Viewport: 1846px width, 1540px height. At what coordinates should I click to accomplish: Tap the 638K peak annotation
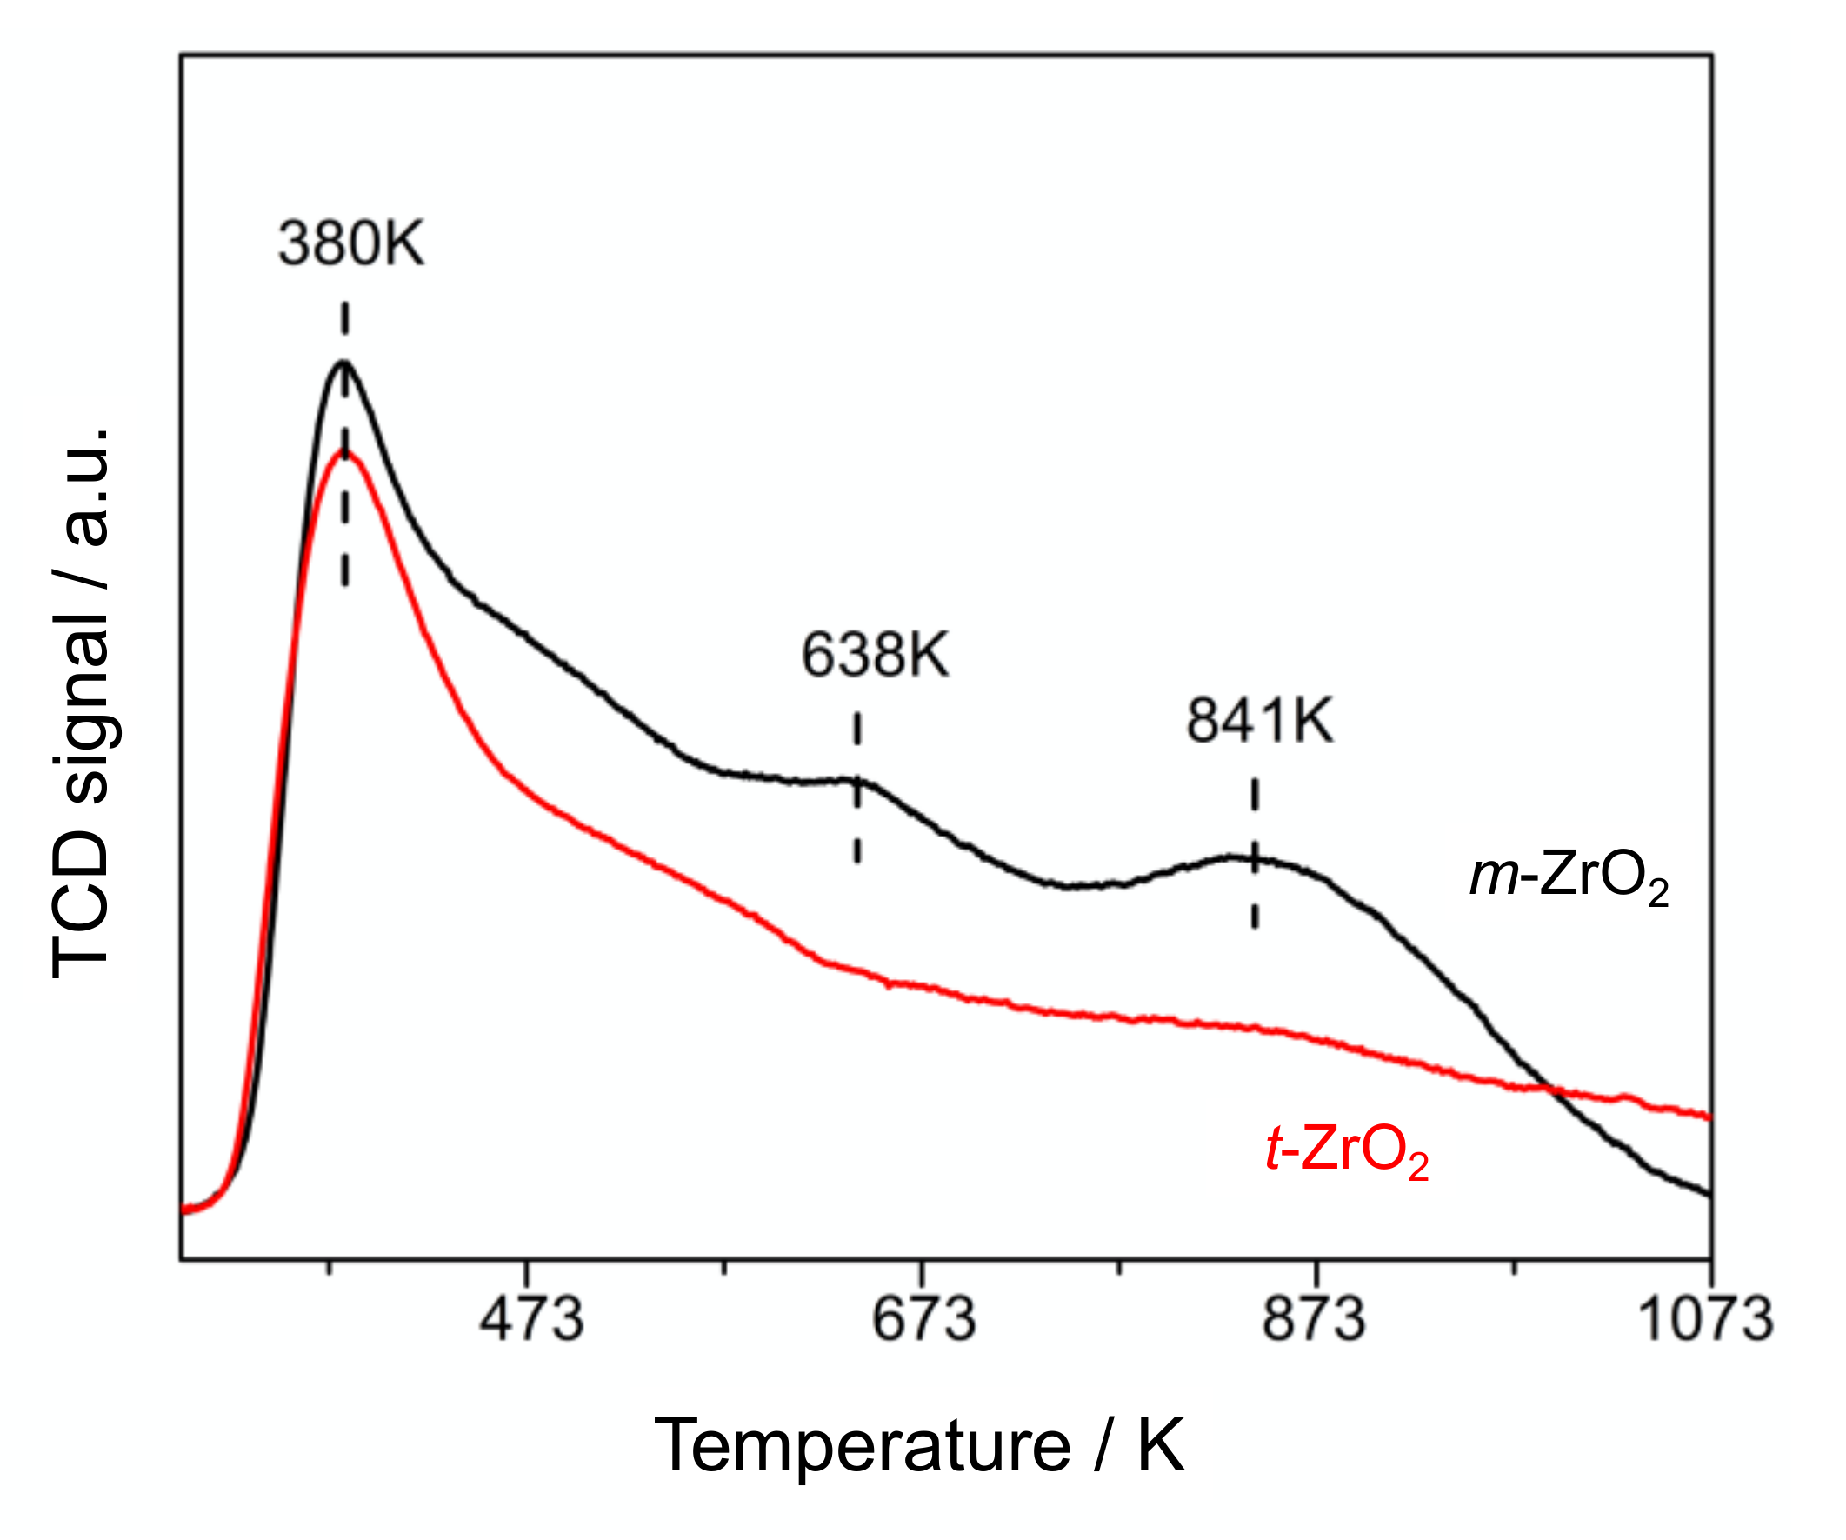876,655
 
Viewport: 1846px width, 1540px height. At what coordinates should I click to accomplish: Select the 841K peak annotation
1260,721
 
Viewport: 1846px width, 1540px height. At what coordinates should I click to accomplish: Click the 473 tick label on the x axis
531,1320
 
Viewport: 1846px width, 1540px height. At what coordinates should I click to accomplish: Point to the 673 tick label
924,1320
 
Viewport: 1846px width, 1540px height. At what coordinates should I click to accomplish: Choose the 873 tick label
1314,1320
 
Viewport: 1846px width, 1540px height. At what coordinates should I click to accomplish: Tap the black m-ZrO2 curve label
1569,877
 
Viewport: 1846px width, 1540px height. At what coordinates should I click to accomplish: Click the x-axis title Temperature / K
919,1446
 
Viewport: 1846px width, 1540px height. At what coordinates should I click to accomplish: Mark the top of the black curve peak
343,362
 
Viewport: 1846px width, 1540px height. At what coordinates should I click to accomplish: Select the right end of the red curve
1709,1118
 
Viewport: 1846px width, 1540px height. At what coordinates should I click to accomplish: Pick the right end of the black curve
1709,1194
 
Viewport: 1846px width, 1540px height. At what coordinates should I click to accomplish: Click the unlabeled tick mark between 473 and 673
723,1268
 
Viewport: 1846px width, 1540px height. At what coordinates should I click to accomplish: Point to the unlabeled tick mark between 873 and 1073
1513,1268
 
